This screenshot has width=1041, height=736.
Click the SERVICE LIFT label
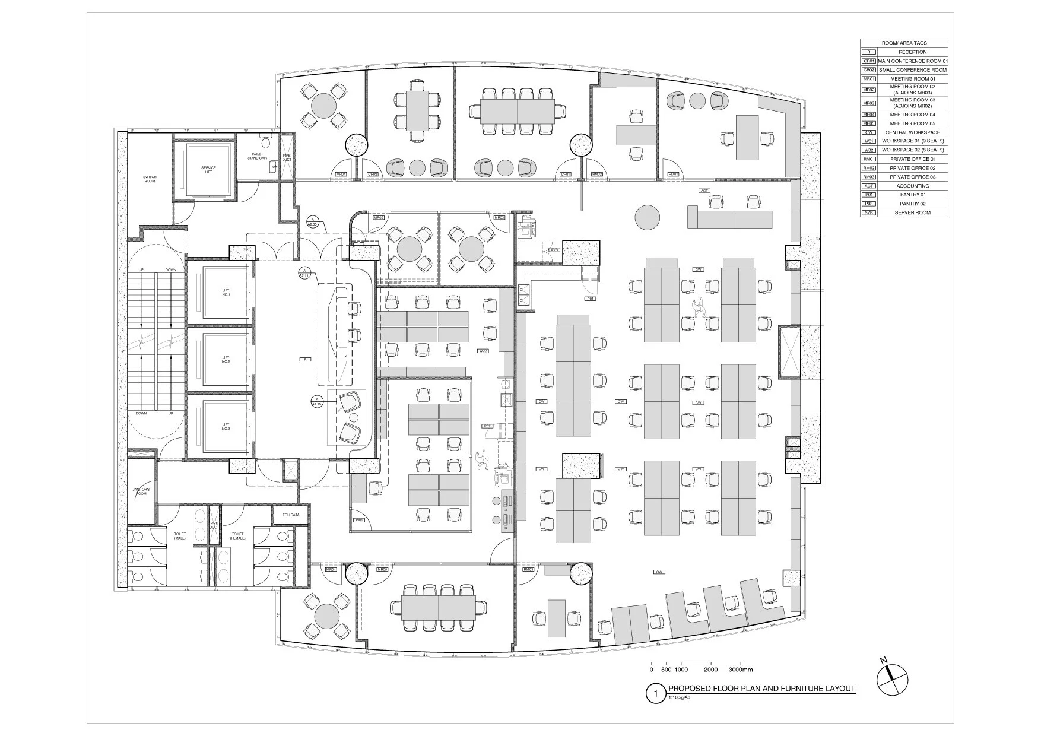click(208, 170)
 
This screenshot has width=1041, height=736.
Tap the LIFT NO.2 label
click(226, 359)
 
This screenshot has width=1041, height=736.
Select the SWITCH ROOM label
click(150, 179)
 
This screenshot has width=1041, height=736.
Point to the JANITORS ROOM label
click(141, 491)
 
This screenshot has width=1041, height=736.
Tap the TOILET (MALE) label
click(180, 536)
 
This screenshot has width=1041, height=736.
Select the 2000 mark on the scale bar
click(710, 670)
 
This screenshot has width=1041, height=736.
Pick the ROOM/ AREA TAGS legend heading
click(904, 43)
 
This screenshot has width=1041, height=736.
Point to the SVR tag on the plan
click(554, 250)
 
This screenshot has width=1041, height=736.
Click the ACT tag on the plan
click(704, 191)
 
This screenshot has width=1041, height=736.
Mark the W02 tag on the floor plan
click(483, 351)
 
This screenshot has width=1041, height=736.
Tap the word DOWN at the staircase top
click(171, 270)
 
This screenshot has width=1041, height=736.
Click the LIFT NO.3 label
click(226, 426)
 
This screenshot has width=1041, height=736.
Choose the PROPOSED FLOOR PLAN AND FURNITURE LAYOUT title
click(761, 689)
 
